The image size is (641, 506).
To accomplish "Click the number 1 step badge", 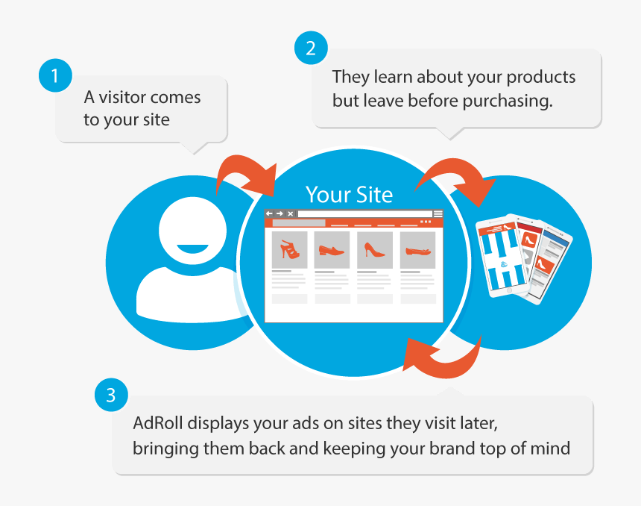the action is pos(55,75).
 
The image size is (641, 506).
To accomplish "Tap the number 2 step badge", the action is pos(311,48).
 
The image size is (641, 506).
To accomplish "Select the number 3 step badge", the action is pos(111,395).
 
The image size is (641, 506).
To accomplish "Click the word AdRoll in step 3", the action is pos(158,423).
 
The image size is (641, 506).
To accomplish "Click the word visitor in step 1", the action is pos(123,98).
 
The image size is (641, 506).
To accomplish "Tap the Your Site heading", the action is pos(349,195).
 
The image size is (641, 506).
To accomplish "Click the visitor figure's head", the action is pos(192,230).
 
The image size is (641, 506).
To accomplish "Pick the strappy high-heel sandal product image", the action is pos(290,249).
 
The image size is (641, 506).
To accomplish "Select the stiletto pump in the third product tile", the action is pos(374,249).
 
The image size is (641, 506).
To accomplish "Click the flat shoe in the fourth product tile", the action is pos(418,250).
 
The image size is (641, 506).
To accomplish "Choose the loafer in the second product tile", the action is pos(332,249).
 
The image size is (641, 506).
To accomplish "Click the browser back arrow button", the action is pos(269,213).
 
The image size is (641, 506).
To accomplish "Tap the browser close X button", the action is pos(290,213).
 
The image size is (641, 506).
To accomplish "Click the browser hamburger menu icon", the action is pos(438,213).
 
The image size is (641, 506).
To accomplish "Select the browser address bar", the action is pos(364,213).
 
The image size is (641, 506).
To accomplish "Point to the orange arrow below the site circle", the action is pos(443,360).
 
